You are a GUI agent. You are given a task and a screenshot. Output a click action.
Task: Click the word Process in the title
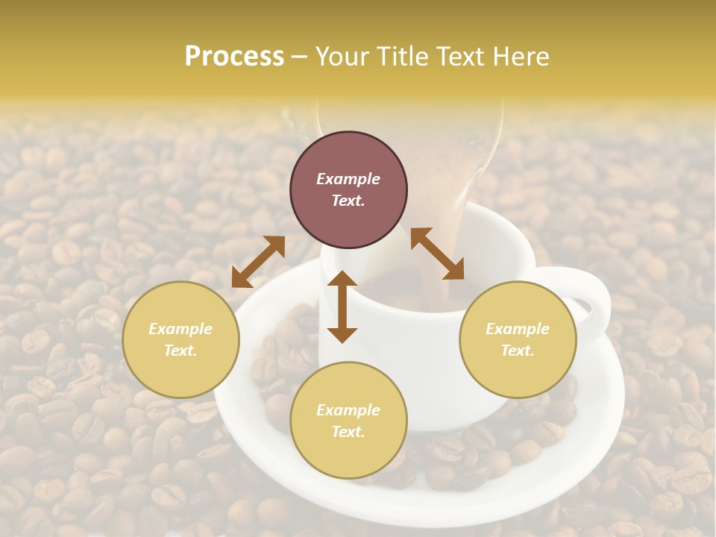[x=234, y=57]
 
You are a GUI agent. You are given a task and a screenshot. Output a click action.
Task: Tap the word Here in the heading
[x=520, y=57]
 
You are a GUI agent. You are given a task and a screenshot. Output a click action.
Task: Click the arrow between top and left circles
[x=258, y=262]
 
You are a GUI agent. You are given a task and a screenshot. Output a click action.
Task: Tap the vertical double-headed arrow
[x=342, y=307]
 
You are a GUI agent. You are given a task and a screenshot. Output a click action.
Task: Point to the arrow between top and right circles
[x=437, y=254]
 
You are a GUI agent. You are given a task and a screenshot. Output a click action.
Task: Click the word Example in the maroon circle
[x=348, y=179]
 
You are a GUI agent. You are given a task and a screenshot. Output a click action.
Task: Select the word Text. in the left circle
[x=180, y=351]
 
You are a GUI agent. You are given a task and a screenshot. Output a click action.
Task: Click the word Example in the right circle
[x=518, y=329]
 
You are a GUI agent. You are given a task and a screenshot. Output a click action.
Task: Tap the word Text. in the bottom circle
[x=348, y=432]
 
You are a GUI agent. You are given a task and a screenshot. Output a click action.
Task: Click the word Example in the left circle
[x=180, y=329]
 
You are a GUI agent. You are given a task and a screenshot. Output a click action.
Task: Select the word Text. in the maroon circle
[x=348, y=201]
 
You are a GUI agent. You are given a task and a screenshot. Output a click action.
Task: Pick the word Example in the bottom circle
[x=348, y=410]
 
